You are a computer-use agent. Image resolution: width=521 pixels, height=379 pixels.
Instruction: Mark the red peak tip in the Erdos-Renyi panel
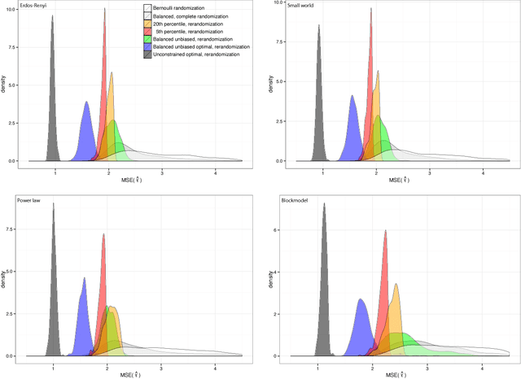(x=104, y=10)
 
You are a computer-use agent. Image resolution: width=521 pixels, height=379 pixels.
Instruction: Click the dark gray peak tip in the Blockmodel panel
(x=324, y=203)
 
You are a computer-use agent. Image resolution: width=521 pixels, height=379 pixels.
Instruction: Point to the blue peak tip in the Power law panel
(x=84, y=277)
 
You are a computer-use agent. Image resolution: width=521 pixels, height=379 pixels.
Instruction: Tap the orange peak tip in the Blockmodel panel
(x=396, y=283)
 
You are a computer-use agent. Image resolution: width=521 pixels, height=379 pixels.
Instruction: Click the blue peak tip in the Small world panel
(x=352, y=95)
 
